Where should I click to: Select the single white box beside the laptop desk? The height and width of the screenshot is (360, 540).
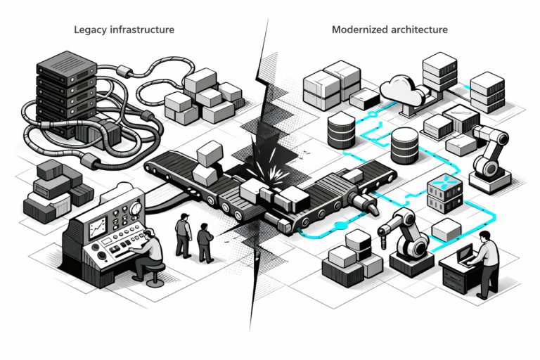point(446,231)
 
